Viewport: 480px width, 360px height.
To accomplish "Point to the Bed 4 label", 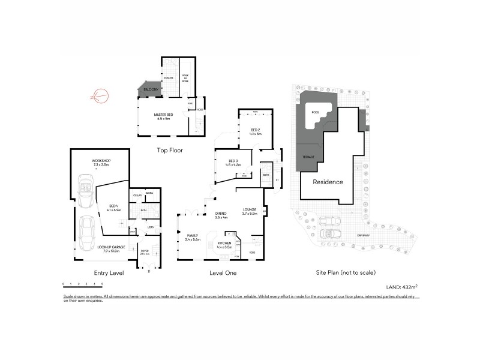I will click(113, 208).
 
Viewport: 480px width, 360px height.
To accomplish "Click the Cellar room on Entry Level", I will click(137, 196).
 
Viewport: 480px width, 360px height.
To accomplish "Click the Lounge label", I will click(249, 211).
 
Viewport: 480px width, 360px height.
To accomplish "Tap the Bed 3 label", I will click(233, 162).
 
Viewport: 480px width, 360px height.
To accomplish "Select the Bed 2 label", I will click(255, 131).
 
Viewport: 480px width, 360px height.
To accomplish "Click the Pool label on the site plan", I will click(316, 112).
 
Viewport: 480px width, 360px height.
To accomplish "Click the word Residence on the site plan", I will click(327, 182).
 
